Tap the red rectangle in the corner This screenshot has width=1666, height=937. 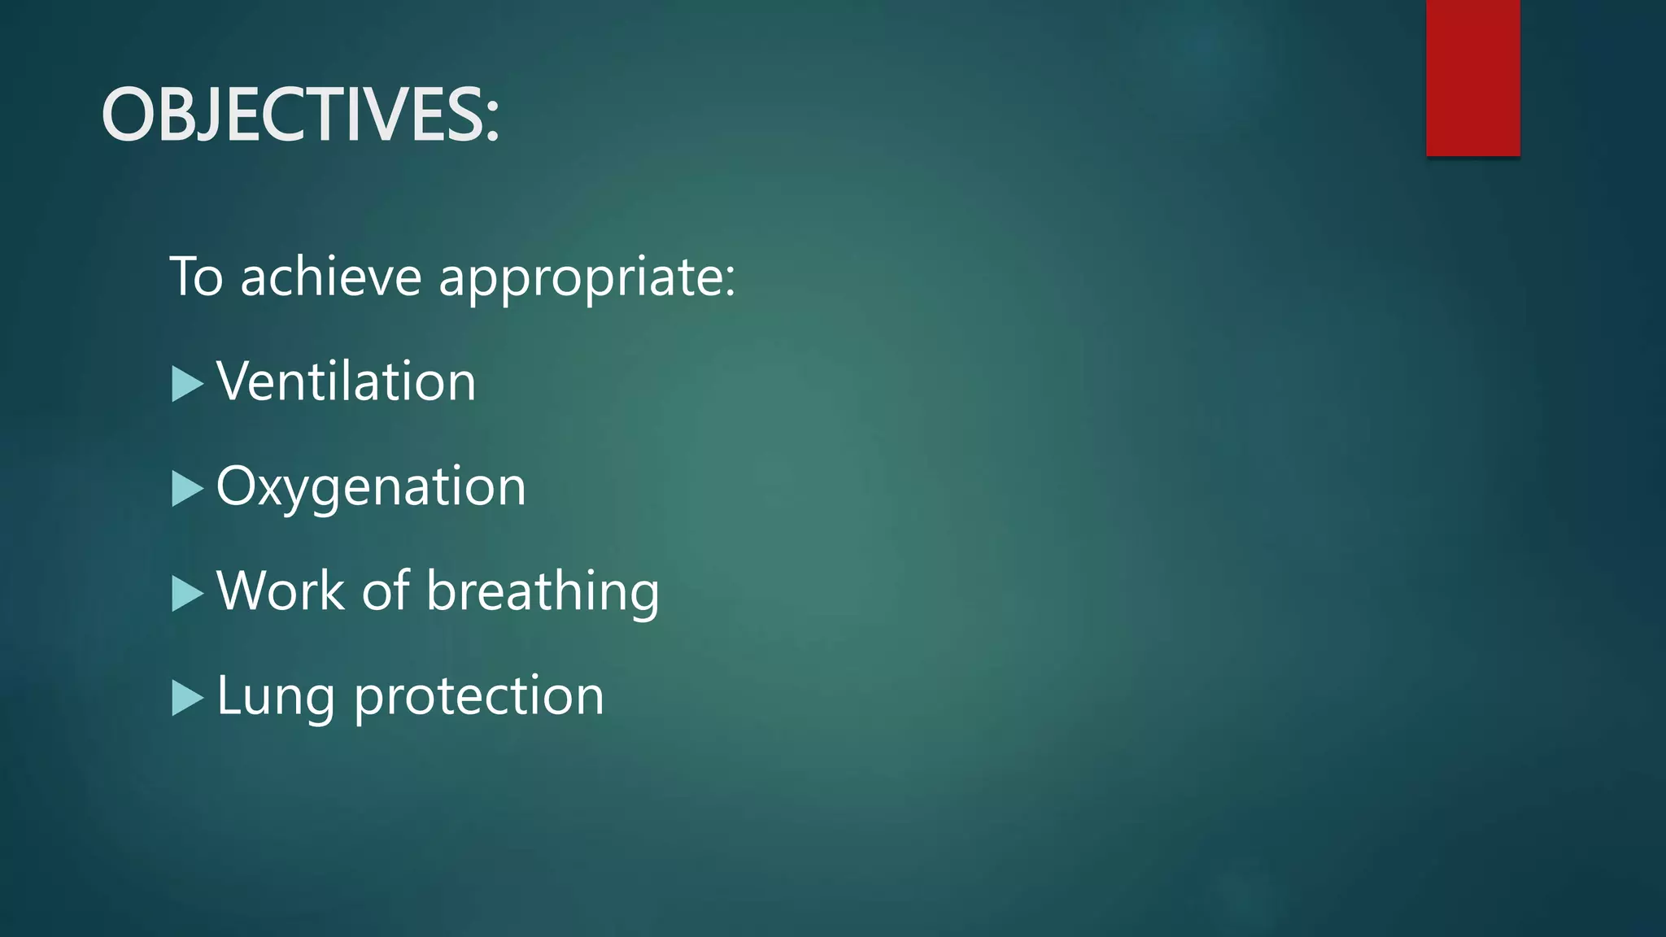1472,77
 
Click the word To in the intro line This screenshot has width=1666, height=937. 196,277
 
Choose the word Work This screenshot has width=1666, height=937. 281,591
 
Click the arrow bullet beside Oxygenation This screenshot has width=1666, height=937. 187,489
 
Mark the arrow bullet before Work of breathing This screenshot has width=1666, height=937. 187,594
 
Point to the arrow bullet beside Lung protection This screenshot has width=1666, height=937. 187,698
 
